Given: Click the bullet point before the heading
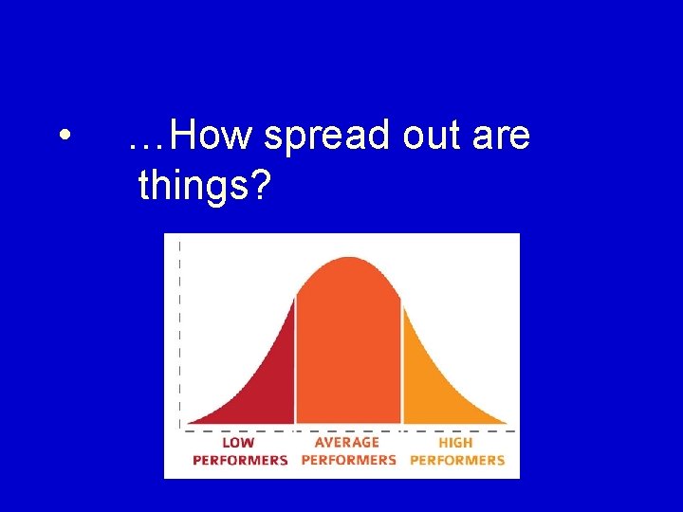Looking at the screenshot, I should (x=62, y=137).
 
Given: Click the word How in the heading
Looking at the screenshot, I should (x=213, y=137).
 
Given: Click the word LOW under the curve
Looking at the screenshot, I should (x=238, y=443).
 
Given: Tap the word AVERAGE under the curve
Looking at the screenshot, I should (x=347, y=443).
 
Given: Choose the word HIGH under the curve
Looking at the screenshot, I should (x=456, y=443).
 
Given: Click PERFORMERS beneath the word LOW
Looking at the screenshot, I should (x=240, y=460).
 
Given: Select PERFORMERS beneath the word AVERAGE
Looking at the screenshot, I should (x=348, y=460).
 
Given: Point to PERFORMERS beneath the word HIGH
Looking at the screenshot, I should (x=457, y=460).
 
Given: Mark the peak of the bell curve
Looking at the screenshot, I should (x=349, y=258).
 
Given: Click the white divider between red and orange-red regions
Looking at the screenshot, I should (x=295, y=360).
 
